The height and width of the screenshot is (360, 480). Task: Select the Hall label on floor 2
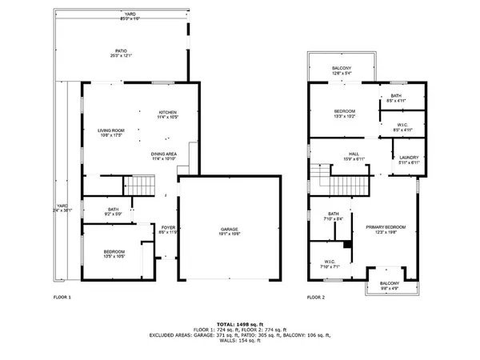click(354, 156)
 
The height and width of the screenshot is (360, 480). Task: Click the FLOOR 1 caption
click(62, 298)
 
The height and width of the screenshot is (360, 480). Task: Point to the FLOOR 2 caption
click(316, 298)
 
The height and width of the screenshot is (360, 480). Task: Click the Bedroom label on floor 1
click(114, 254)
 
